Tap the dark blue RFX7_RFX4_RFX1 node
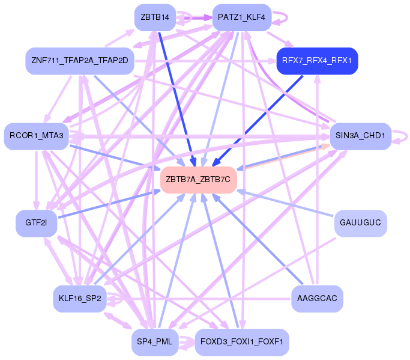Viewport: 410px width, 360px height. [x=317, y=61]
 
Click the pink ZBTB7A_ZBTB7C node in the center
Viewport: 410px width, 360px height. [x=198, y=179]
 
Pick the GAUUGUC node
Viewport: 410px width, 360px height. [x=360, y=223]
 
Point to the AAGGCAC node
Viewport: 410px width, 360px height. [x=317, y=298]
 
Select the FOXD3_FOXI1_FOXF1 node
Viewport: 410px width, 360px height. [x=243, y=342]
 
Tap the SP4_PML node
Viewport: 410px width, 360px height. [x=155, y=342]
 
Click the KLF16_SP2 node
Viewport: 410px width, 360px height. [x=79, y=298]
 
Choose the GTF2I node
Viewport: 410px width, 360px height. [x=36, y=223]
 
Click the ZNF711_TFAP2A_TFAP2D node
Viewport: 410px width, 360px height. [x=79, y=61]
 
